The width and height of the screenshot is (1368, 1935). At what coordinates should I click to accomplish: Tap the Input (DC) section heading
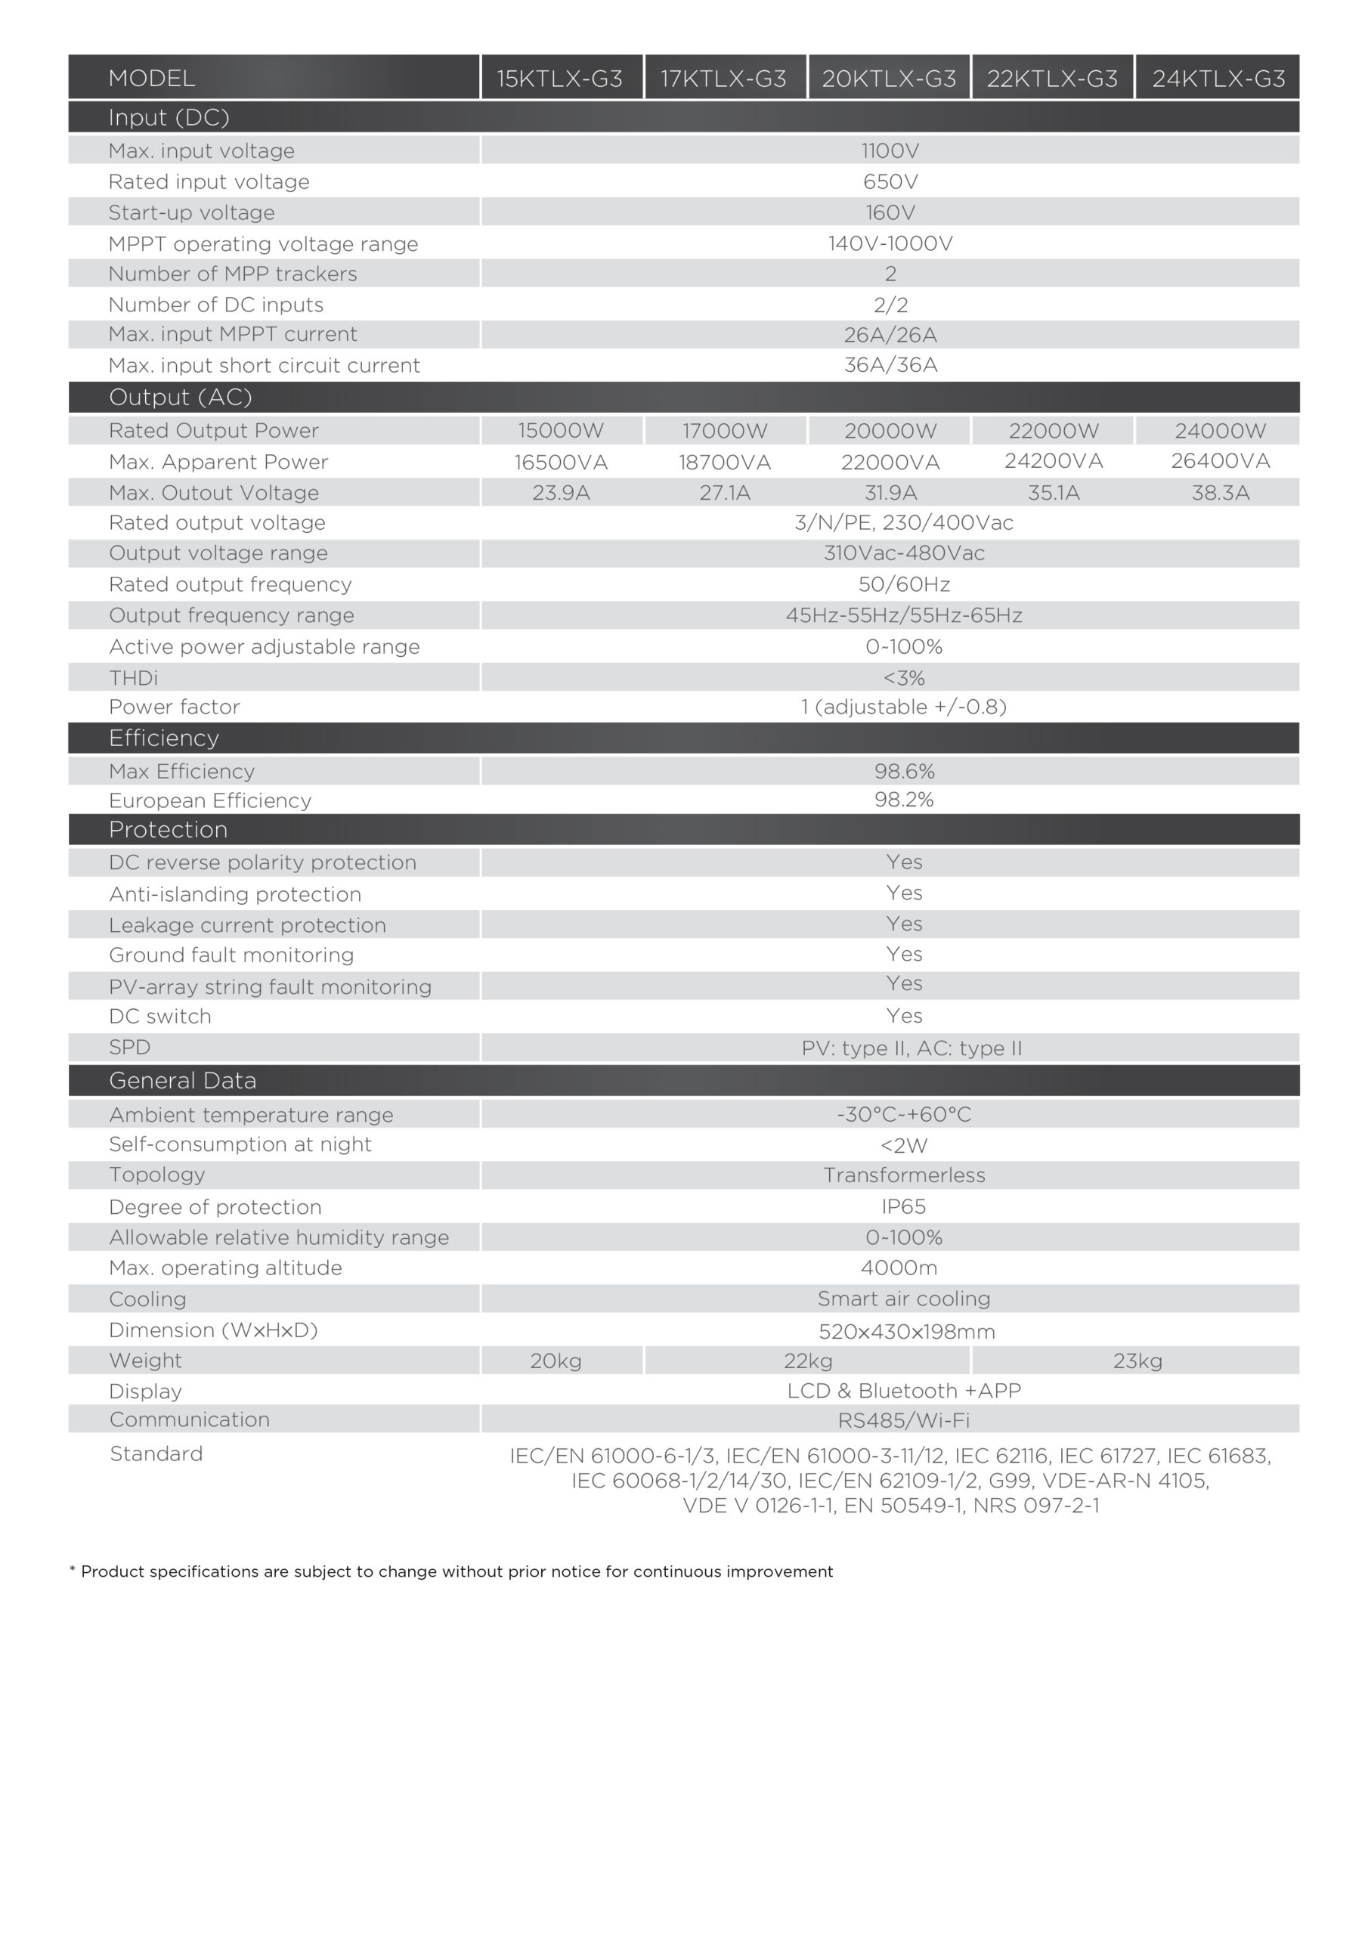(x=169, y=117)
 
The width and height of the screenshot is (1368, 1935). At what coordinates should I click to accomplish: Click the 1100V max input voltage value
(x=890, y=151)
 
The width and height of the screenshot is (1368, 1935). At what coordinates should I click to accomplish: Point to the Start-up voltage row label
(x=191, y=212)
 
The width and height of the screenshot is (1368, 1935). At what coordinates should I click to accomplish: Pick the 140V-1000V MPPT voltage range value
(x=890, y=243)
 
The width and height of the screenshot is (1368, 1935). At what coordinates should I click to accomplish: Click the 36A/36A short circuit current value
(x=890, y=365)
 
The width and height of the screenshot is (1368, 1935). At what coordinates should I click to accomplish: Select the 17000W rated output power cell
(x=725, y=431)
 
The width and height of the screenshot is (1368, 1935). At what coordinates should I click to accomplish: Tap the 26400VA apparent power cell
(x=1220, y=461)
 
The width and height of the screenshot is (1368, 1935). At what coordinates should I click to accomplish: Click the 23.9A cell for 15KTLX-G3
(x=561, y=493)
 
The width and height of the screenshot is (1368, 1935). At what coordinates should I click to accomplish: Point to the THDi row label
(x=133, y=677)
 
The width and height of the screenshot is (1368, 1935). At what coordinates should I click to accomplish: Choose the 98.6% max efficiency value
(x=904, y=771)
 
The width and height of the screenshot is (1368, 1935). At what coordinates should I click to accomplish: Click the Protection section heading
(x=168, y=829)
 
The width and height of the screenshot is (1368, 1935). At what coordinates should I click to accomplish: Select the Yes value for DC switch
(x=904, y=1016)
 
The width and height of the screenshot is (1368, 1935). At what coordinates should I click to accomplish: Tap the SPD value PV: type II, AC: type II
(x=911, y=1048)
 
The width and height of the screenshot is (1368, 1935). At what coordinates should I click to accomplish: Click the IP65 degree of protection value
(x=904, y=1207)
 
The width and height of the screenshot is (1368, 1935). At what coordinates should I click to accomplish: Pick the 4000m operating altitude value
(x=899, y=1268)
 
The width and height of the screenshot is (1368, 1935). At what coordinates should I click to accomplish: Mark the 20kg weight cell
(x=556, y=1361)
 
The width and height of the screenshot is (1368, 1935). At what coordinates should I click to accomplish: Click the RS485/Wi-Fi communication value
(x=904, y=1420)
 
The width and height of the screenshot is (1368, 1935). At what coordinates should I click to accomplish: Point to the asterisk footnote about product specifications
(x=451, y=1571)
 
